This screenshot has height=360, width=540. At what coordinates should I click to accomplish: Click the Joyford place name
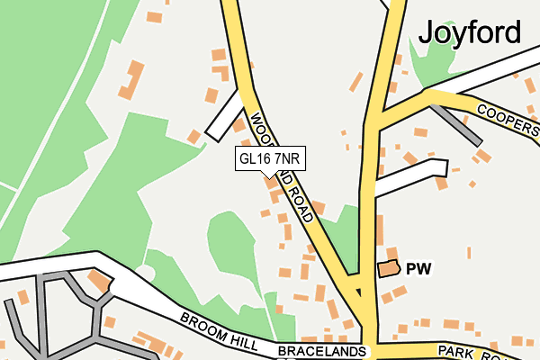pos(469,32)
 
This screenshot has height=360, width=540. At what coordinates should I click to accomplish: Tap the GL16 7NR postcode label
pos(268,158)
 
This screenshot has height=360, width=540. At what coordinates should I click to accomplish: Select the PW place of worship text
pos(419,268)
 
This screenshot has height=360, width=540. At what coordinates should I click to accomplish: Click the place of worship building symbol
pos(388,268)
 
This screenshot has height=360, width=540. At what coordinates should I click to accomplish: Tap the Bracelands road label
pos(322,349)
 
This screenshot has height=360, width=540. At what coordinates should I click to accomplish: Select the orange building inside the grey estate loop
pos(100,283)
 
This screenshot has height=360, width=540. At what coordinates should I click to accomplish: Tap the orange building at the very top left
pos(154,16)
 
